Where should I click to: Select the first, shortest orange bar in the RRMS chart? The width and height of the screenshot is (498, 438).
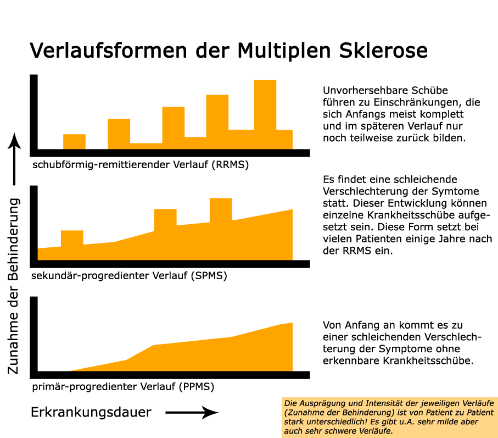(x=74, y=141)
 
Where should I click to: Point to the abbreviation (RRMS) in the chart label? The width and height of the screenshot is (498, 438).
(x=230, y=164)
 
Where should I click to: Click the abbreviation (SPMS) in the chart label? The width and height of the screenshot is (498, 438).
(x=208, y=275)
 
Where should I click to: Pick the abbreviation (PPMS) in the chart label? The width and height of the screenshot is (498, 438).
(x=196, y=386)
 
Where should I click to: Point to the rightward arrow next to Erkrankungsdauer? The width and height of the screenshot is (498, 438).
(x=192, y=412)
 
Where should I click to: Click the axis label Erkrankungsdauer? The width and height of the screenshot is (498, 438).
(x=91, y=412)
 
